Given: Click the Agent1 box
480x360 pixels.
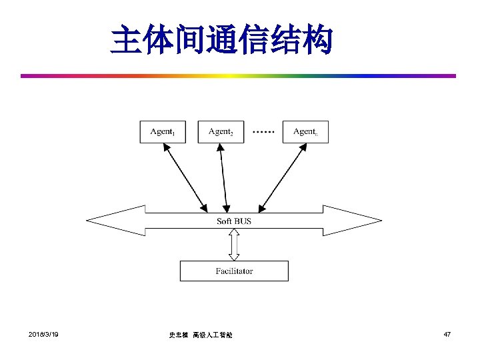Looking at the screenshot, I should tap(163, 131).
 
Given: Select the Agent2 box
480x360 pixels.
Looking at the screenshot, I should tap(221, 131).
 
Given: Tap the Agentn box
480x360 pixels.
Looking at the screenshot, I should tap(305, 131).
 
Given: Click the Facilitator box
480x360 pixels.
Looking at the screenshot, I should tap(234, 271).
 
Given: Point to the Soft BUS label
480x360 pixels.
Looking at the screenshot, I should tap(234, 221).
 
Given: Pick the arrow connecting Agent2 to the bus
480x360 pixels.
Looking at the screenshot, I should tap(224, 175).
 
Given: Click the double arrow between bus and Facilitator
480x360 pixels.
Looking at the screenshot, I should tap(234, 245).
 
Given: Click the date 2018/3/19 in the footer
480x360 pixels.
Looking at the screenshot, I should tap(43, 333).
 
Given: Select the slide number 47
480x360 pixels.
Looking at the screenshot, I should tap(447, 333).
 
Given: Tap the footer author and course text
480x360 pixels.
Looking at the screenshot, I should tap(201, 335).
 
